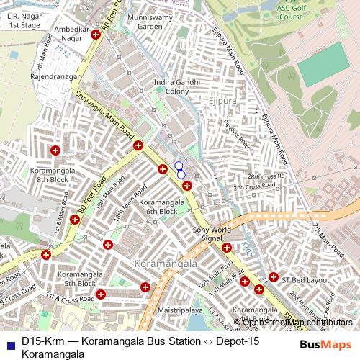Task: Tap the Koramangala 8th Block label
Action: pyautogui.click(x=50, y=175)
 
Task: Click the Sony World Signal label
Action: pyautogui.click(x=212, y=234)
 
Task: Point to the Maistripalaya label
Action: pyautogui.click(x=181, y=310)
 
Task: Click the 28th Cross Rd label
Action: pyautogui.click(x=266, y=176)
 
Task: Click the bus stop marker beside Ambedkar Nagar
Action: pyautogui.click(x=94, y=35)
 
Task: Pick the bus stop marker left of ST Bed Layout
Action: pyautogui.click(x=274, y=277)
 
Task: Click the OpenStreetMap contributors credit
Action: pyautogui.click(x=292, y=322)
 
